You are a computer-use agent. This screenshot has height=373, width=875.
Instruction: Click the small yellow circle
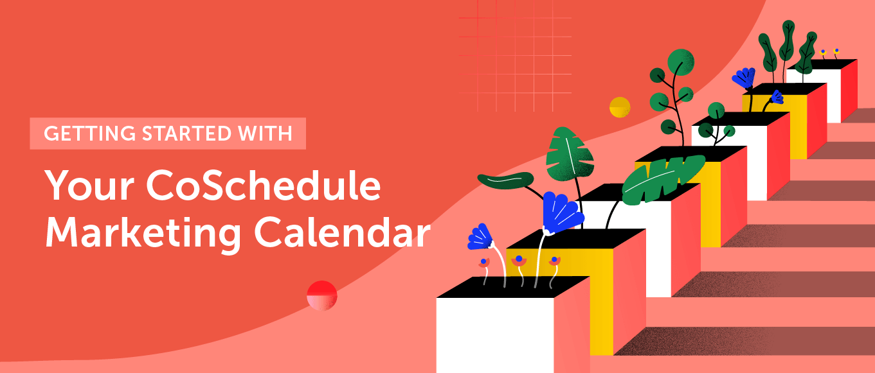[620, 107]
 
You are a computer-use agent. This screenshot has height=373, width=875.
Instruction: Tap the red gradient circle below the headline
[322, 296]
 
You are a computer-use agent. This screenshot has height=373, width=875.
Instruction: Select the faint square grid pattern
[515, 55]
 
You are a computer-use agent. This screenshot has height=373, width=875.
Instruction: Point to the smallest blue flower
[777, 97]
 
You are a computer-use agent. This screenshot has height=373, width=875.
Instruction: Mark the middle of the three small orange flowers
[519, 260]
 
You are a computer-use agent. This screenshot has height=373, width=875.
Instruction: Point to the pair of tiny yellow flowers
[829, 51]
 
